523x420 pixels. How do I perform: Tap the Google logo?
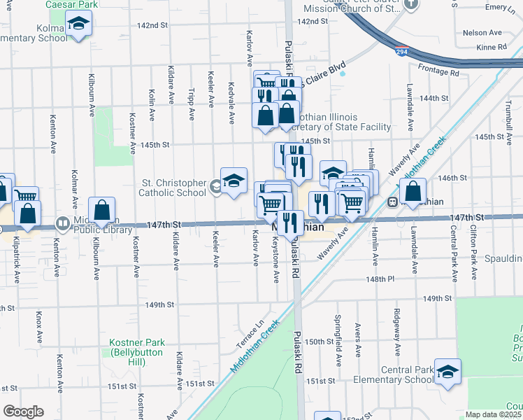[x=22, y=411]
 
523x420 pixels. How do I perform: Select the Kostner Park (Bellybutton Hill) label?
[x=137, y=348]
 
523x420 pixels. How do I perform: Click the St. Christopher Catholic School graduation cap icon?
[x=234, y=181]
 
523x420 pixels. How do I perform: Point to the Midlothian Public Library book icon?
[x=63, y=224]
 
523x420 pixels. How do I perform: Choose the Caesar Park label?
[x=71, y=4]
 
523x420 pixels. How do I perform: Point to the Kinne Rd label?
[x=493, y=47]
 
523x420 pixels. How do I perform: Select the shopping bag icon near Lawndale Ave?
[x=414, y=191]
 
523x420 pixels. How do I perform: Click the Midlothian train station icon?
[x=394, y=202]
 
